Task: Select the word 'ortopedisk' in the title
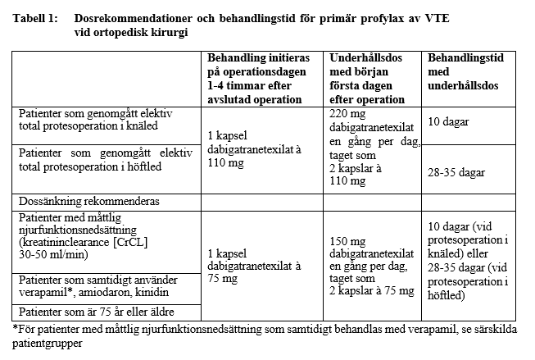point(120,31)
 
